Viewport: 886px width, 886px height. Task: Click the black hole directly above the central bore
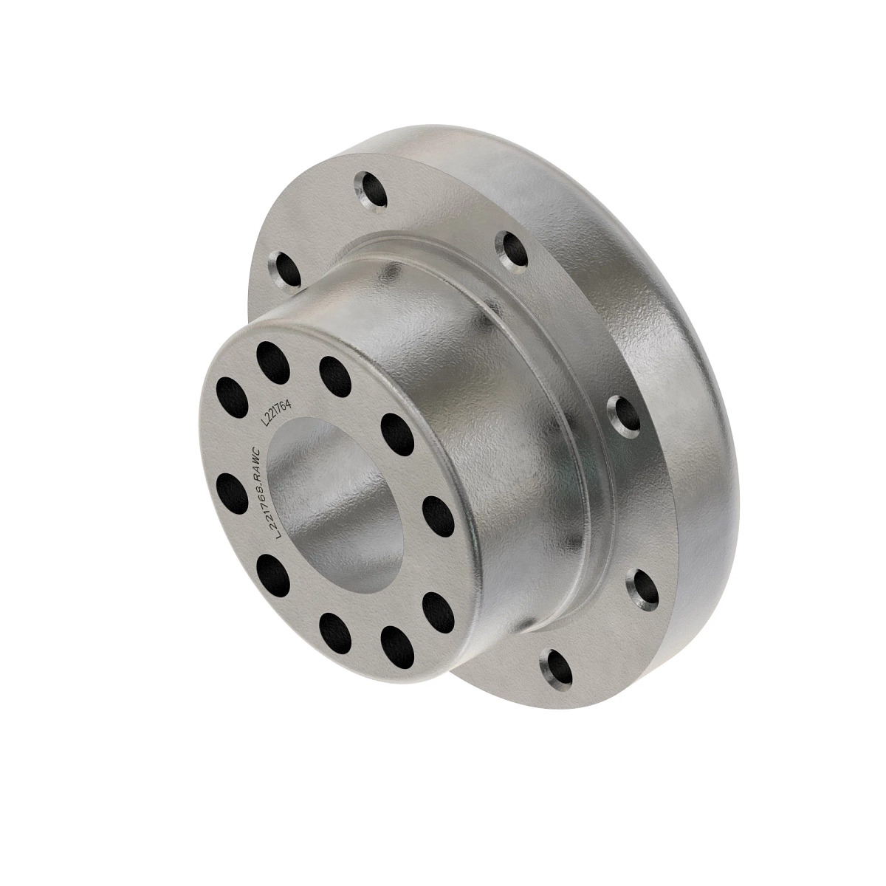tap(334, 371)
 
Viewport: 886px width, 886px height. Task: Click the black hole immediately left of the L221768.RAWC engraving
tap(233, 489)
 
